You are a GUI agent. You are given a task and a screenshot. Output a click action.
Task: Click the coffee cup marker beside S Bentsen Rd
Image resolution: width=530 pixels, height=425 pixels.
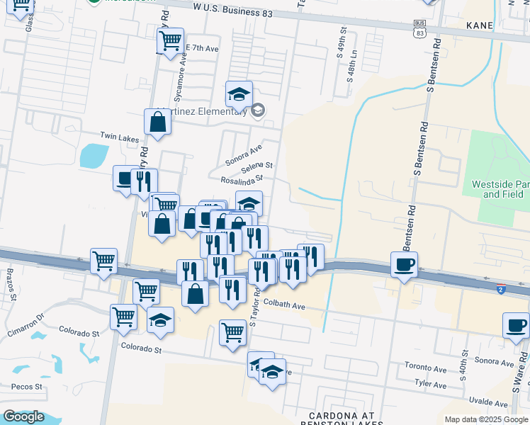click(404, 265)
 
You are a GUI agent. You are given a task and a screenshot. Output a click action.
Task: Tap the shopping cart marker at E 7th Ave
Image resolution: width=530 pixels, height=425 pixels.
click(170, 41)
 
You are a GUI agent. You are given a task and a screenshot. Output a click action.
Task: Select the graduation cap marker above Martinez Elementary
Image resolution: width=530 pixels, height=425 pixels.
click(239, 93)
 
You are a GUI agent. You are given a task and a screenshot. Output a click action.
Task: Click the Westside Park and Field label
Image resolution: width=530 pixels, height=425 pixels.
click(500, 188)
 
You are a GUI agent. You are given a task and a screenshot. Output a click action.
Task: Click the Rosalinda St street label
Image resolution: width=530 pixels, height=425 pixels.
click(242, 180)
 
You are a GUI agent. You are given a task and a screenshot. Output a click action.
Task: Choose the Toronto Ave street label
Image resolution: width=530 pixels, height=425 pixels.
click(425, 368)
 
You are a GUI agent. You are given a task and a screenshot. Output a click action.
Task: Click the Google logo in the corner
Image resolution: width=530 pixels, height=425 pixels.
click(23, 416)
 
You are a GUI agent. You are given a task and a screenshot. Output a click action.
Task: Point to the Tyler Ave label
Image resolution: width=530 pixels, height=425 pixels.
click(431, 385)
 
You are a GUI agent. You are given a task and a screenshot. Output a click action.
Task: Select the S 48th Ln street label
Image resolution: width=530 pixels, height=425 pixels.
click(349, 64)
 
